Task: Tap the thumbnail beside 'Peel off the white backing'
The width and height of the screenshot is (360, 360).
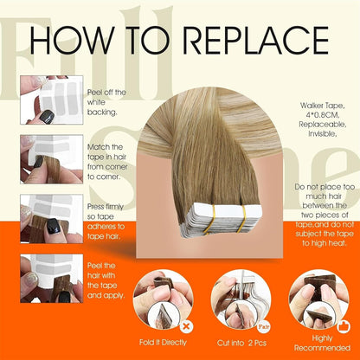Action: click(52, 99)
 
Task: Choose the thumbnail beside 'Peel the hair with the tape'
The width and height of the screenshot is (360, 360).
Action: click(52, 278)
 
